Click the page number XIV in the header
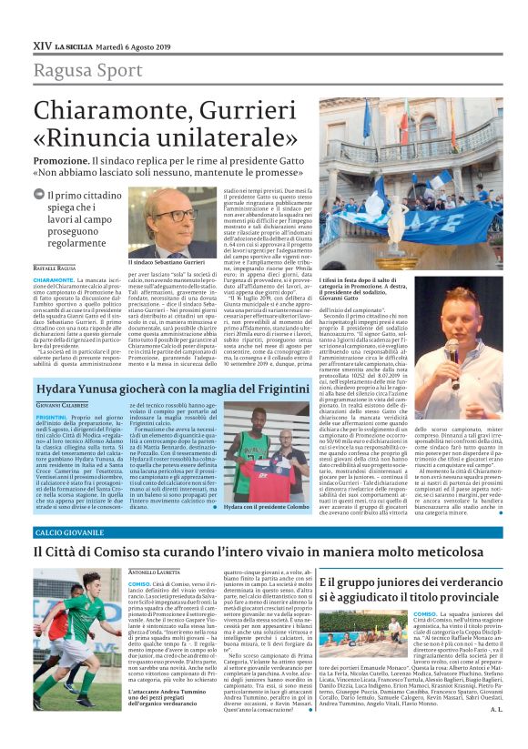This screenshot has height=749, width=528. (42, 44)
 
